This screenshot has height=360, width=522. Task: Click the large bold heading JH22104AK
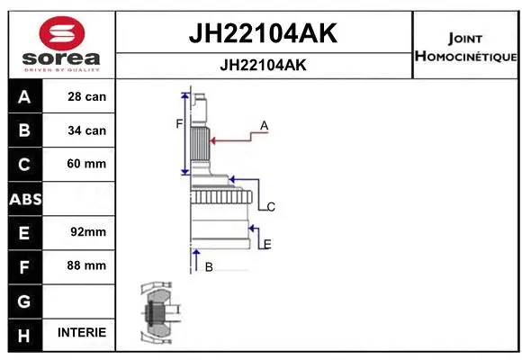(262, 33)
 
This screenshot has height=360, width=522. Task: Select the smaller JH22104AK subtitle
(262, 66)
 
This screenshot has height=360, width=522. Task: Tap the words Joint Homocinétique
(464, 48)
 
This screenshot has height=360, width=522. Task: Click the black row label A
(24, 96)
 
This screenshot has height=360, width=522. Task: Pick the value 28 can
(86, 96)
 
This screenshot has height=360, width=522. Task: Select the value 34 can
(86, 130)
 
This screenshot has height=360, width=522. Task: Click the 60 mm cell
(86, 164)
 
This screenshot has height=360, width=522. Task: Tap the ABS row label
(24, 198)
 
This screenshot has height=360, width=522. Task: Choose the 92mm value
(88, 232)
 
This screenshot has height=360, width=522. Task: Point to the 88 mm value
(86, 265)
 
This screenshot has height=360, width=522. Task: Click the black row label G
(24, 300)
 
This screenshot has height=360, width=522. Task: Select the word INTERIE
(81, 333)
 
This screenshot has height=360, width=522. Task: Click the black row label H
(24, 333)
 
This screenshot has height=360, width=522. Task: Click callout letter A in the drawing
(265, 125)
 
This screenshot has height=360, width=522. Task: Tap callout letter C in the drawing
(270, 207)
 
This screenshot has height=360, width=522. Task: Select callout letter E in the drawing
(267, 244)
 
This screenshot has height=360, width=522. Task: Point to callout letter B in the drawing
(209, 266)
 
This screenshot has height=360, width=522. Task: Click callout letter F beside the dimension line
(179, 123)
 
